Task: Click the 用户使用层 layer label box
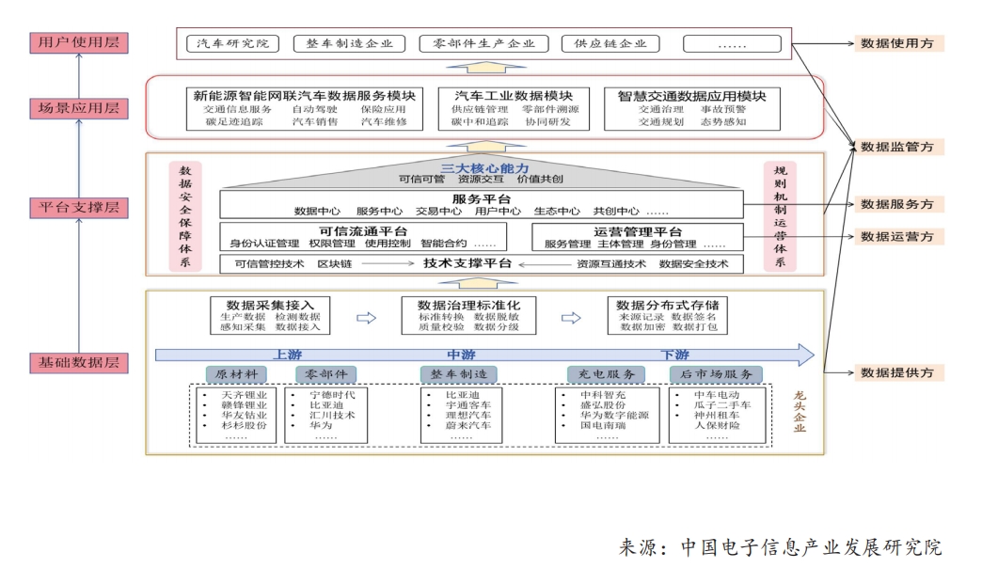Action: (x=78, y=43)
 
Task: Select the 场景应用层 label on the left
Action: (x=78, y=107)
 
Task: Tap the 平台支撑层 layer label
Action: (x=78, y=207)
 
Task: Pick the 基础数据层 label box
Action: (x=78, y=362)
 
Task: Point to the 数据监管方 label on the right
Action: (x=897, y=147)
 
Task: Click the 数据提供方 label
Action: (x=897, y=372)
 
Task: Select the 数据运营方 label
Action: (x=897, y=236)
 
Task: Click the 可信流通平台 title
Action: (x=344, y=231)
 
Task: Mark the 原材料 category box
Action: (x=236, y=373)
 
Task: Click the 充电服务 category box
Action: (x=607, y=373)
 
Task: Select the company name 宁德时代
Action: (x=332, y=395)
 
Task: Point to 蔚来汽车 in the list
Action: (x=467, y=426)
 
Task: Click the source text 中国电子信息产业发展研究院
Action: (x=809, y=546)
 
